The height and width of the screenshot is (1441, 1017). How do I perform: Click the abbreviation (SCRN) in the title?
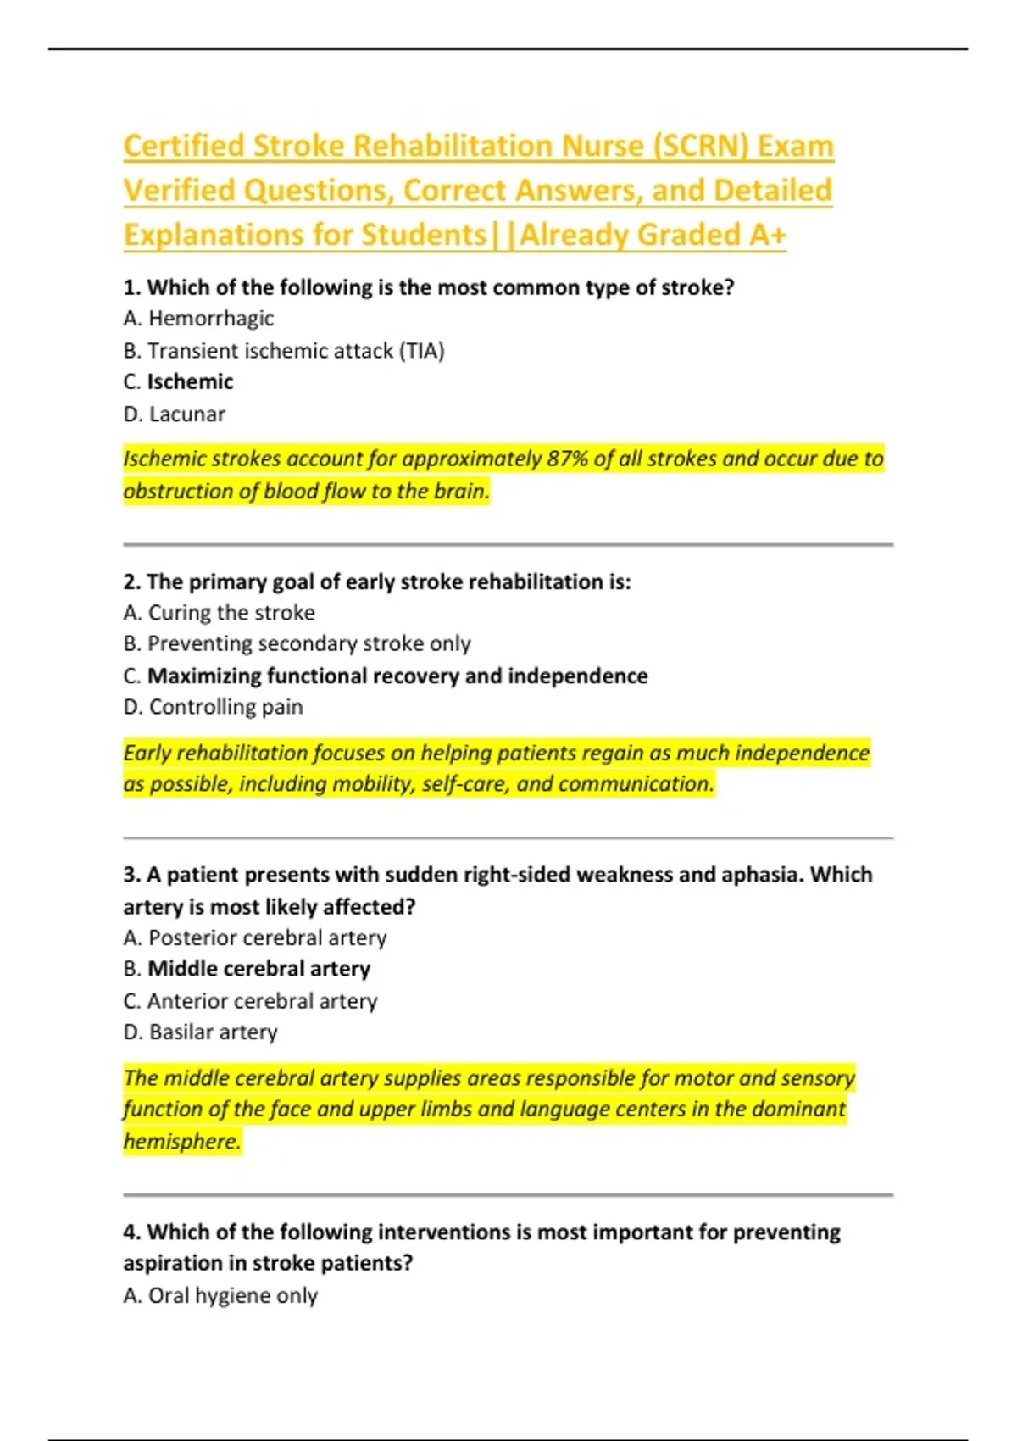click(700, 146)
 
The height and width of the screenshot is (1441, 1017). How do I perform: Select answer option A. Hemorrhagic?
click(198, 319)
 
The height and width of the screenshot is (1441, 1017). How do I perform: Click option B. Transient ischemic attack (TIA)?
click(284, 351)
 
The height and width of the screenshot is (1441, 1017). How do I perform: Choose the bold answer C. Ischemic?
click(178, 382)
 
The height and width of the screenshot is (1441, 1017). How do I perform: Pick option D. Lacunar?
click(175, 414)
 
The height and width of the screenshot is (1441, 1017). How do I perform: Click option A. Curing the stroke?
click(219, 613)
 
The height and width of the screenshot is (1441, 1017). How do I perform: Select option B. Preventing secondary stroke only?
click(297, 644)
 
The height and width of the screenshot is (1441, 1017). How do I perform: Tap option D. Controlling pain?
click(213, 707)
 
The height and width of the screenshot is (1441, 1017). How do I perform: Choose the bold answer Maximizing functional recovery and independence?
click(397, 676)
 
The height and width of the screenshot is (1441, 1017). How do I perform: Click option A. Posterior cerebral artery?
click(255, 938)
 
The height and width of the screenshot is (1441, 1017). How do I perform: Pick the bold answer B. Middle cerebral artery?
click(247, 969)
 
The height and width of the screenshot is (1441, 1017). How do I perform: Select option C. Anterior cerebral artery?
click(250, 1001)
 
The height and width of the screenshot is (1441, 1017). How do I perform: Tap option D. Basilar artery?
click(201, 1032)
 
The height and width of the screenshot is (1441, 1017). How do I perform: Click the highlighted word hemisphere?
click(181, 1142)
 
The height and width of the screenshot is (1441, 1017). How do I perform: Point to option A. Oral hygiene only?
click(220, 1296)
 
